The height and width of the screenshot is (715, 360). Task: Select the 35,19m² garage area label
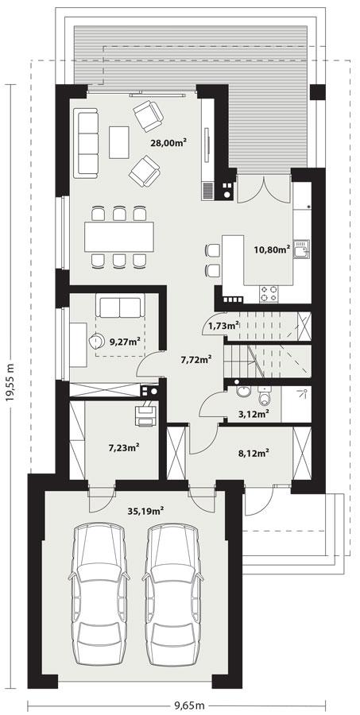(146, 511)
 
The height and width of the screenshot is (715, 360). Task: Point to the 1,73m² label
(223, 325)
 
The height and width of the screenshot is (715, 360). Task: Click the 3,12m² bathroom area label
(254, 412)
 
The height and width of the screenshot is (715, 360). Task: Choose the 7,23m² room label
(123, 447)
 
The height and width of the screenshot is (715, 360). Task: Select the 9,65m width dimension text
(190, 705)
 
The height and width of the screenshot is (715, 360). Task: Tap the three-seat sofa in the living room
(86, 143)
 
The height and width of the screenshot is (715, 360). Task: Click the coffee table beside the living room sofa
(120, 142)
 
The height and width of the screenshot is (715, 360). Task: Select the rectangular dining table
(119, 236)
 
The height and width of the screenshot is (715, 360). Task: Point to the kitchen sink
(300, 252)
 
